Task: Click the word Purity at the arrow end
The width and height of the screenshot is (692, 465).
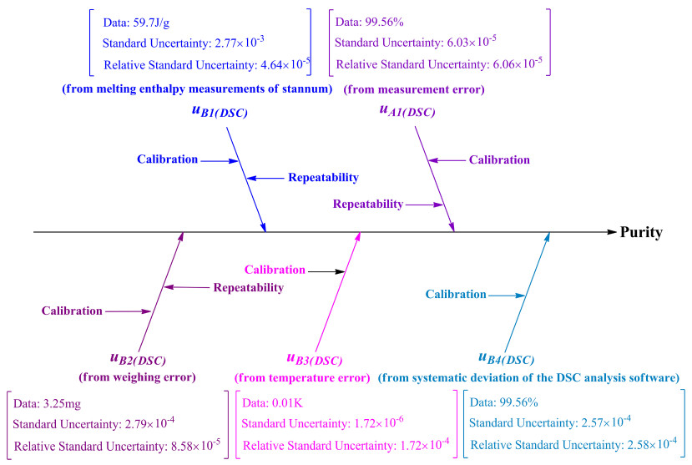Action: click(x=641, y=232)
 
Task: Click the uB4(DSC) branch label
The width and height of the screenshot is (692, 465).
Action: click(x=506, y=359)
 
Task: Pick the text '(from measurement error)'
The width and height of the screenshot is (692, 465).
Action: click(x=414, y=88)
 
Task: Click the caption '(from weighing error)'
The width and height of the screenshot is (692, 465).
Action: click(x=138, y=377)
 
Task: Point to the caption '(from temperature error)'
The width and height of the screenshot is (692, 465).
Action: click(x=302, y=377)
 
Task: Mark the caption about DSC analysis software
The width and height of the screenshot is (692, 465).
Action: click(x=528, y=377)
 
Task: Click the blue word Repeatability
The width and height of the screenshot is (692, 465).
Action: click(x=324, y=177)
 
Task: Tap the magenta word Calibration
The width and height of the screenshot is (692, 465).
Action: click(x=274, y=270)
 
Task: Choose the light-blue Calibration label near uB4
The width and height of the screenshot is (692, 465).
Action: click(x=455, y=294)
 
